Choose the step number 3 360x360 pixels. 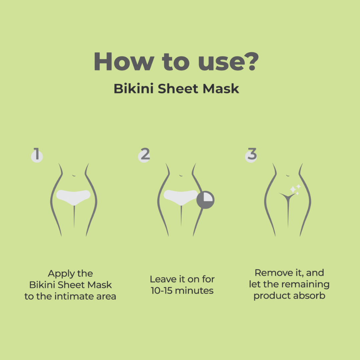(x=252, y=155)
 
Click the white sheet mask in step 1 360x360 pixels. (x=73, y=197)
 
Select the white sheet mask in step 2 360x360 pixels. (x=180, y=197)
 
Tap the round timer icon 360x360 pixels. (x=205, y=200)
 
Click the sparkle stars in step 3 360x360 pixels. (x=295, y=189)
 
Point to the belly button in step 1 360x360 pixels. (x=74, y=176)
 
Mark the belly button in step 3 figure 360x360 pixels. (x=288, y=176)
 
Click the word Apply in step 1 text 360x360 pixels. (x=61, y=274)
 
